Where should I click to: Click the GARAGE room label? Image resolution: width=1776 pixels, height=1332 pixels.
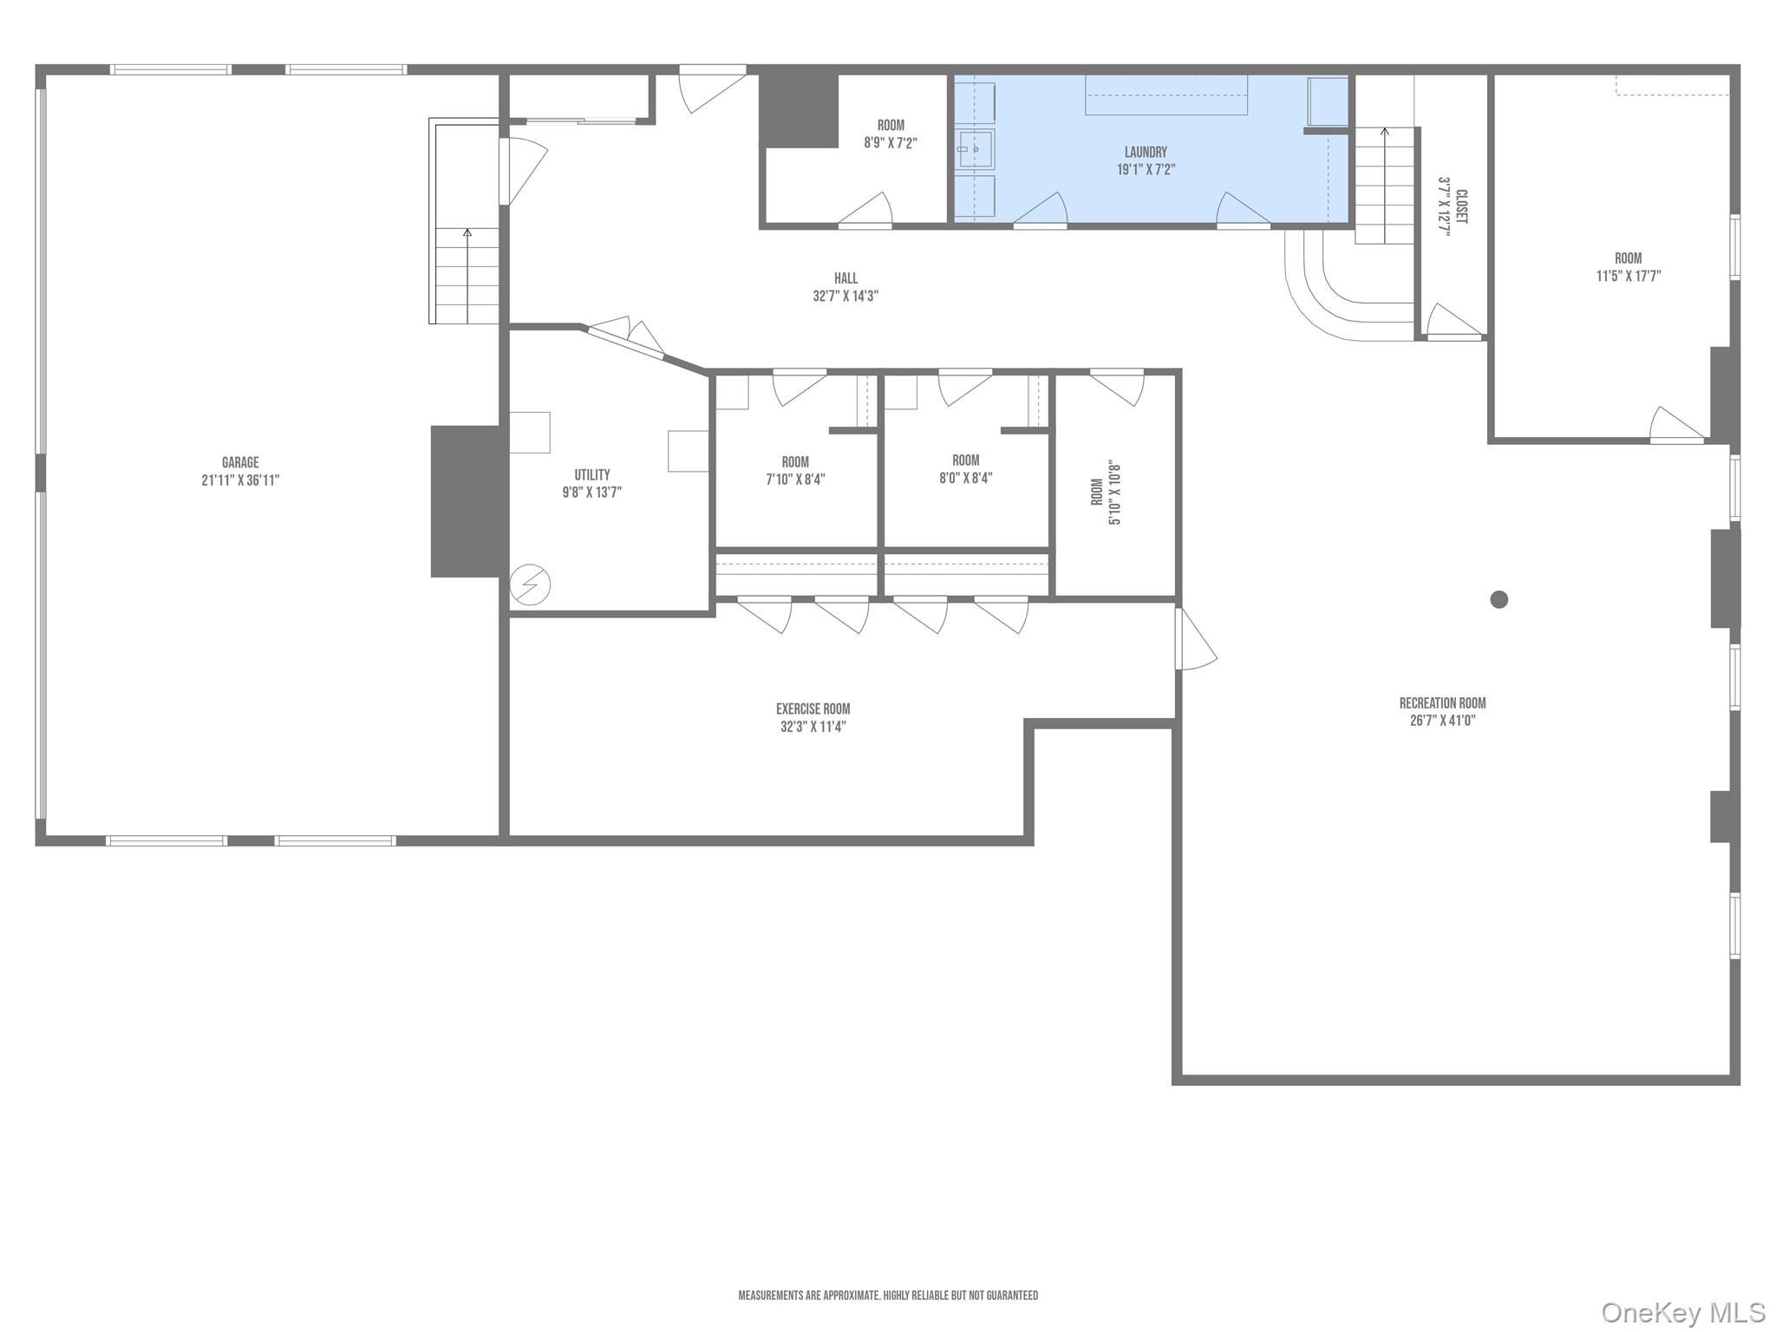pos(240,463)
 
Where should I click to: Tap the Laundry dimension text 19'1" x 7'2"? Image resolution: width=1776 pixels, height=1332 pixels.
pos(1146,170)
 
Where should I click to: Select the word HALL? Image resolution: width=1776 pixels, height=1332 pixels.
pos(846,278)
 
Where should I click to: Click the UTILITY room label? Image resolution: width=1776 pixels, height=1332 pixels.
pos(591,474)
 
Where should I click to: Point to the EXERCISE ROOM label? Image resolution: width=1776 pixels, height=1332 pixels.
pos(813,708)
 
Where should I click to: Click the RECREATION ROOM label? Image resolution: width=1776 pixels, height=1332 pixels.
pos(1442,703)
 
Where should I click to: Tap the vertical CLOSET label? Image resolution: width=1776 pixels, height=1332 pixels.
pos(1462,207)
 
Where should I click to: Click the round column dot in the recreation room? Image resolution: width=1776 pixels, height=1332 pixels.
pos(1498,599)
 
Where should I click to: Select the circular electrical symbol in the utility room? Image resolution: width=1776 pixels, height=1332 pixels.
pos(530,585)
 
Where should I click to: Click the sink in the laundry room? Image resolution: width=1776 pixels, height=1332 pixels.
pos(976,150)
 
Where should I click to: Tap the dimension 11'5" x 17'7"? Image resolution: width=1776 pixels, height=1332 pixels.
pos(1628,277)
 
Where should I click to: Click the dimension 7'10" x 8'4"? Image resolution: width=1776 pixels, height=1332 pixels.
pos(794,480)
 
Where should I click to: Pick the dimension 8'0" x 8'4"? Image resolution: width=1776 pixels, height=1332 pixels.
pos(965,478)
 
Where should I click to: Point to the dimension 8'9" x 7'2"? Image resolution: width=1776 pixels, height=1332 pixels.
pos(890,143)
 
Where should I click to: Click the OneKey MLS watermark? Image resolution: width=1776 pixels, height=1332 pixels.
pos(1682,1312)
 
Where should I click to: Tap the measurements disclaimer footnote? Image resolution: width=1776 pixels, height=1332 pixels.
pos(887,1296)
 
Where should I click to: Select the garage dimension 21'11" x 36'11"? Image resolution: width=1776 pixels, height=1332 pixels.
pos(240,480)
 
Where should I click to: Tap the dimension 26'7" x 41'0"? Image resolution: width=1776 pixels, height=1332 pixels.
pos(1442,721)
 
